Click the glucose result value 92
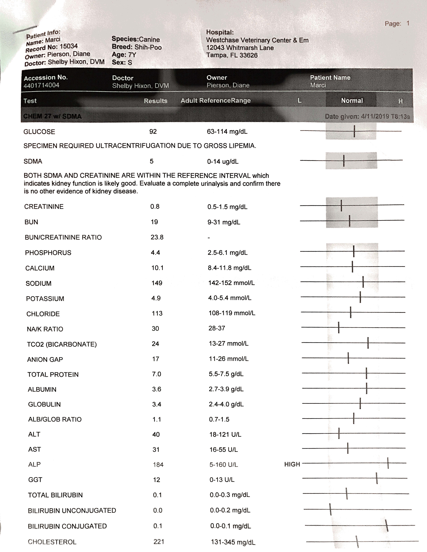click(153, 131)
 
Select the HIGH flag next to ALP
click(292, 464)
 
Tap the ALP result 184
click(158, 465)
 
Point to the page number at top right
click(408, 23)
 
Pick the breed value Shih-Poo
click(148, 47)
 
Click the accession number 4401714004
click(41, 85)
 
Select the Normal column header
click(352, 101)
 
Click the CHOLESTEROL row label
click(52, 542)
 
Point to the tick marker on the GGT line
click(377, 478)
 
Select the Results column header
click(156, 101)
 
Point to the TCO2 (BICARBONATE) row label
click(62, 344)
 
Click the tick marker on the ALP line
click(388, 463)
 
